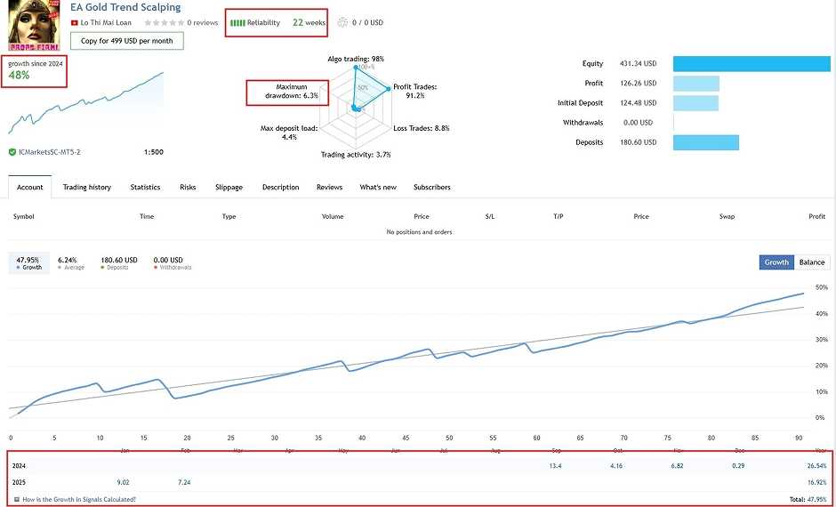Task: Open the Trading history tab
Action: click(x=87, y=188)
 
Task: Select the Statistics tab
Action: click(x=145, y=188)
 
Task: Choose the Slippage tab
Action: click(x=229, y=188)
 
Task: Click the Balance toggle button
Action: click(x=812, y=262)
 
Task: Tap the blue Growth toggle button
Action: click(x=776, y=262)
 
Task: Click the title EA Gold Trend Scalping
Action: click(x=125, y=7)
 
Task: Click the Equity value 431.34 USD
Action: click(x=637, y=64)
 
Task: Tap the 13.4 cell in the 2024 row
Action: click(x=556, y=465)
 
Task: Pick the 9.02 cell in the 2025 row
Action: click(x=124, y=482)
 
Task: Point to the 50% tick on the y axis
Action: click(x=821, y=288)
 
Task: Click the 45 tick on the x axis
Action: click(x=406, y=438)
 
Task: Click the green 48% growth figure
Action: click(x=19, y=76)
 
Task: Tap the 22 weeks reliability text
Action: click(x=309, y=22)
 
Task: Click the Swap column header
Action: click(x=727, y=216)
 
